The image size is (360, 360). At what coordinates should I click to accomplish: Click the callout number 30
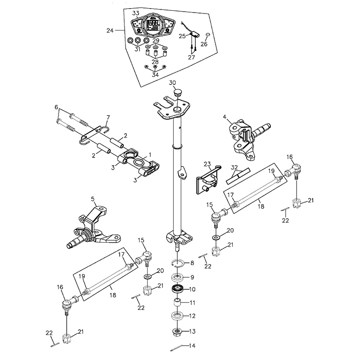click(172, 83)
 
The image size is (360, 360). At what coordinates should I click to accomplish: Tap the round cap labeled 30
click(177, 93)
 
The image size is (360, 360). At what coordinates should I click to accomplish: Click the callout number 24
click(110, 30)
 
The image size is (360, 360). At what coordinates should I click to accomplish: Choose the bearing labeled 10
click(178, 288)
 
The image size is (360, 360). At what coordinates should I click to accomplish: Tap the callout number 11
click(192, 303)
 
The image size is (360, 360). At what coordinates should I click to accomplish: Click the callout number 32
click(234, 167)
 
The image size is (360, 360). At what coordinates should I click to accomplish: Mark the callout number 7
click(108, 117)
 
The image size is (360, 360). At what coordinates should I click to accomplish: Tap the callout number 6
click(56, 107)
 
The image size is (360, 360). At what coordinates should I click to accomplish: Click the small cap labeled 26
click(208, 35)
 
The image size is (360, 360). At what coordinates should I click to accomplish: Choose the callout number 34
click(155, 75)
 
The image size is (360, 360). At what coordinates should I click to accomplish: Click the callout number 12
click(192, 316)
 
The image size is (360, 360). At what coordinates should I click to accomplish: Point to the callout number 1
click(150, 155)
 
